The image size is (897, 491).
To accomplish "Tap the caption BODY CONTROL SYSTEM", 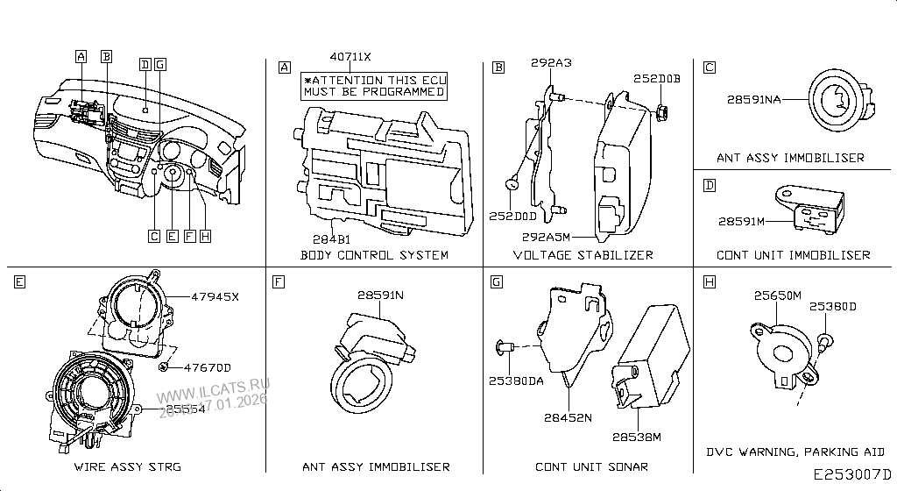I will coord(374,255).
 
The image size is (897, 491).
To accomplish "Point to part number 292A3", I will coord(551,63).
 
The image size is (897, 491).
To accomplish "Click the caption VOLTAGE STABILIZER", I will coord(583,255).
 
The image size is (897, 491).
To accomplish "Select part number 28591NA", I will coord(753,100).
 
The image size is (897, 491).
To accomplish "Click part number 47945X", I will coord(215,296).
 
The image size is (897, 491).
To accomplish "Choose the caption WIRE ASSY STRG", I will coord(127,466).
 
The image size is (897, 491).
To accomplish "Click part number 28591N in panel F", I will coord(380,295).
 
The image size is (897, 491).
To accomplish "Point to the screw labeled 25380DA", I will coord(505,347).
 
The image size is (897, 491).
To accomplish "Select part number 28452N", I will coord(568,419).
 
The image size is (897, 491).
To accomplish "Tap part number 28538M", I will coord(636,436).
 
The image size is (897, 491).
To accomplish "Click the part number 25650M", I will coord(778,296).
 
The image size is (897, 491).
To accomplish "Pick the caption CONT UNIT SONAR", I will coord(592,466).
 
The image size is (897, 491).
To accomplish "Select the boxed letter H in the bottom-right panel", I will coord(710,282).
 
